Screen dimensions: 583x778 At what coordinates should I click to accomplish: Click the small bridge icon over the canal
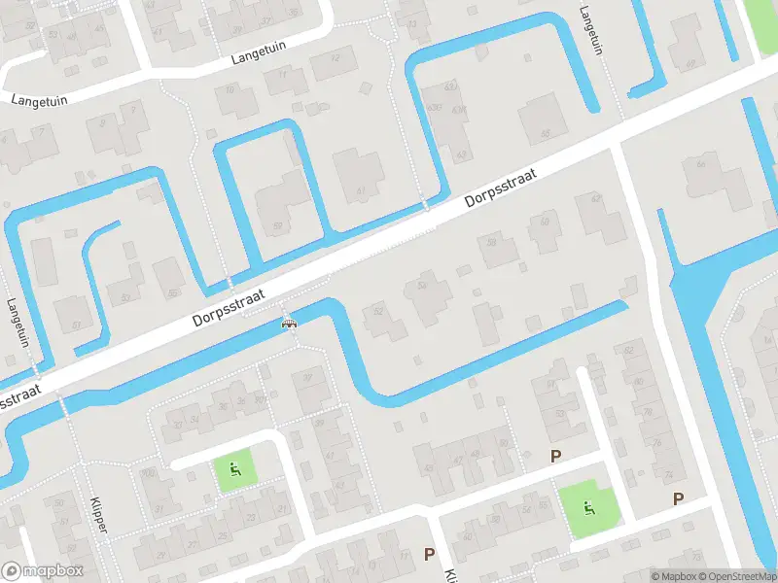point(289,325)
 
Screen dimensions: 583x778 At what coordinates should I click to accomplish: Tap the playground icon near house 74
point(587,507)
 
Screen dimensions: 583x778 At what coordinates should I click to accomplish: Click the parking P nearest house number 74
point(678,499)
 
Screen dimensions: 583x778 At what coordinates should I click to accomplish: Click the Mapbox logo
point(43,571)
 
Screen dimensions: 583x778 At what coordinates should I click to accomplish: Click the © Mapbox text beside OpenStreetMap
point(674,576)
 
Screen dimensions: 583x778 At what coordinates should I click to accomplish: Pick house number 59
point(278,226)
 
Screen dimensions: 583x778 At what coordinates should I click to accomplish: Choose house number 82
point(628,350)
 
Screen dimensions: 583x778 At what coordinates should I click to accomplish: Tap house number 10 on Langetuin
point(230,89)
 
